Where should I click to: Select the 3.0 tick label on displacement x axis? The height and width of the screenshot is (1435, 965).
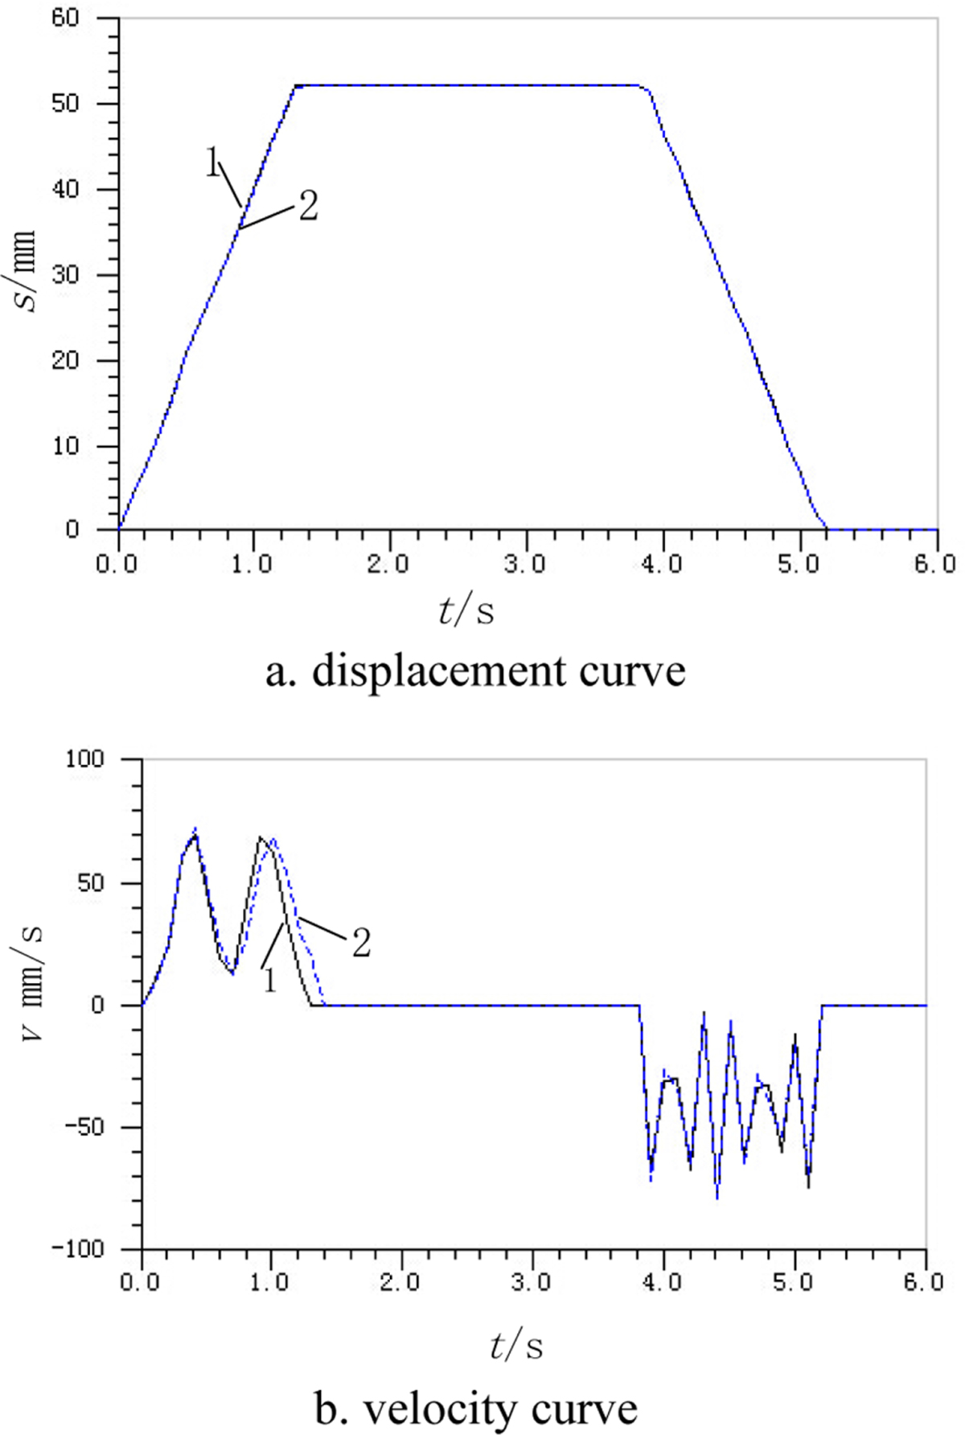pyautogui.click(x=526, y=562)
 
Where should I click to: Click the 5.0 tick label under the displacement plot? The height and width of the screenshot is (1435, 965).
pyautogui.click(x=799, y=562)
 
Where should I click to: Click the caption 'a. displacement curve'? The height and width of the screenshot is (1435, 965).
pyautogui.click(x=475, y=671)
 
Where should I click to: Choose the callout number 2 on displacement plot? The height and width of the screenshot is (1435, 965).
pyautogui.click(x=308, y=207)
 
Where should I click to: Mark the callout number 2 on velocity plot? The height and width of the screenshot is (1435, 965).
pyautogui.click(x=361, y=943)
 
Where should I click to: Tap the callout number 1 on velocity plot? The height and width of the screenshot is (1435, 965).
pyautogui.click(x=269, y=979)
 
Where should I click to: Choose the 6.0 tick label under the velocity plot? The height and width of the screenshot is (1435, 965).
pyautogui.click(x=924, y=1281)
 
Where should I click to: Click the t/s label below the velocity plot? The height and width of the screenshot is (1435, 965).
pyautogui.click(x=515, y=1346)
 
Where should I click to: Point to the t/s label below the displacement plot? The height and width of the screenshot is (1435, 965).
pyautogui.click(x=466, y=611)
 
